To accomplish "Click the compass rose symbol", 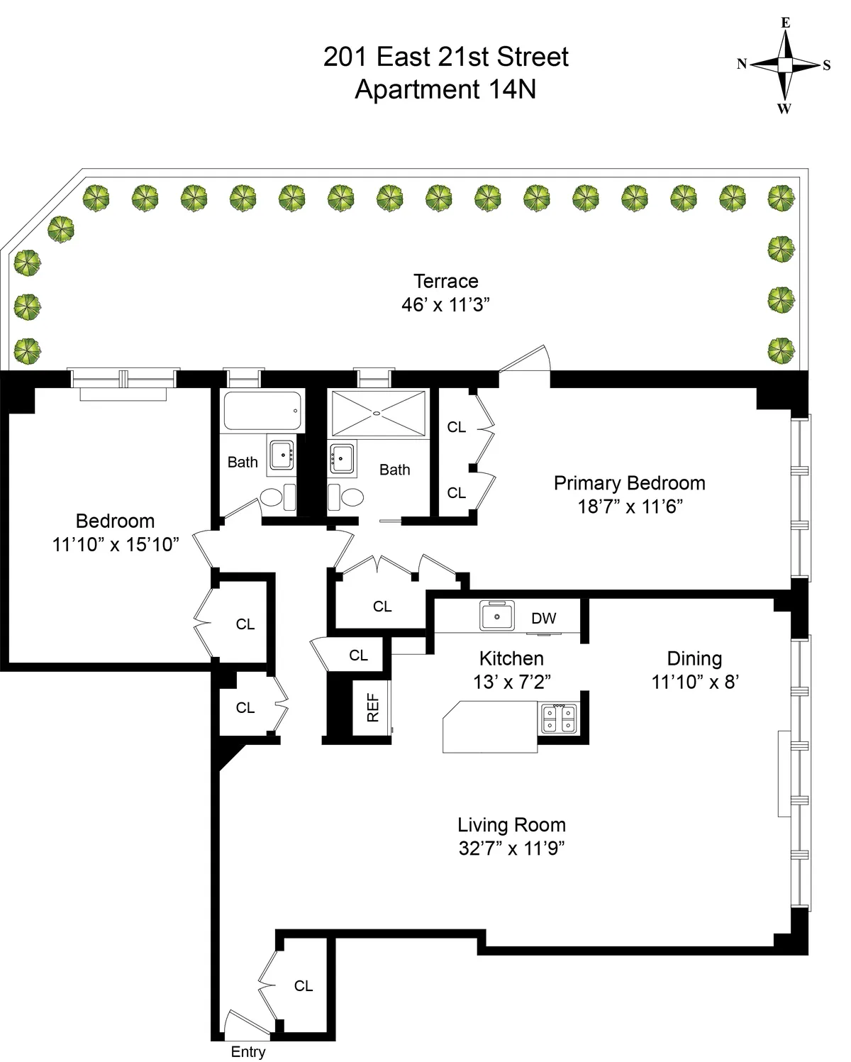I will (784, 65).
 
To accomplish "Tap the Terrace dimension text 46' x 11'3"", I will (445, 305).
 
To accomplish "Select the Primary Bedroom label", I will (629, 483).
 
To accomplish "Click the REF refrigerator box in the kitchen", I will (372, 707).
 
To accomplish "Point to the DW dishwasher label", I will (544, 618).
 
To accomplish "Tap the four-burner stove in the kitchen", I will (559, 719).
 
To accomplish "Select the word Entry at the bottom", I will (247, 1052).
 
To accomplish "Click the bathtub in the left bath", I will (262, 411).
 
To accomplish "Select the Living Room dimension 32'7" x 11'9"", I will (511, 848).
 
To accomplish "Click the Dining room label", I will (694, 658).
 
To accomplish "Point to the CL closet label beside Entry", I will (304, 985).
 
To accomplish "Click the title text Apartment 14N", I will (445, 90).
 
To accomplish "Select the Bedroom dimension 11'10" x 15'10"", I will (115, 545).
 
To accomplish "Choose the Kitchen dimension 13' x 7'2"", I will (511, 682).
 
